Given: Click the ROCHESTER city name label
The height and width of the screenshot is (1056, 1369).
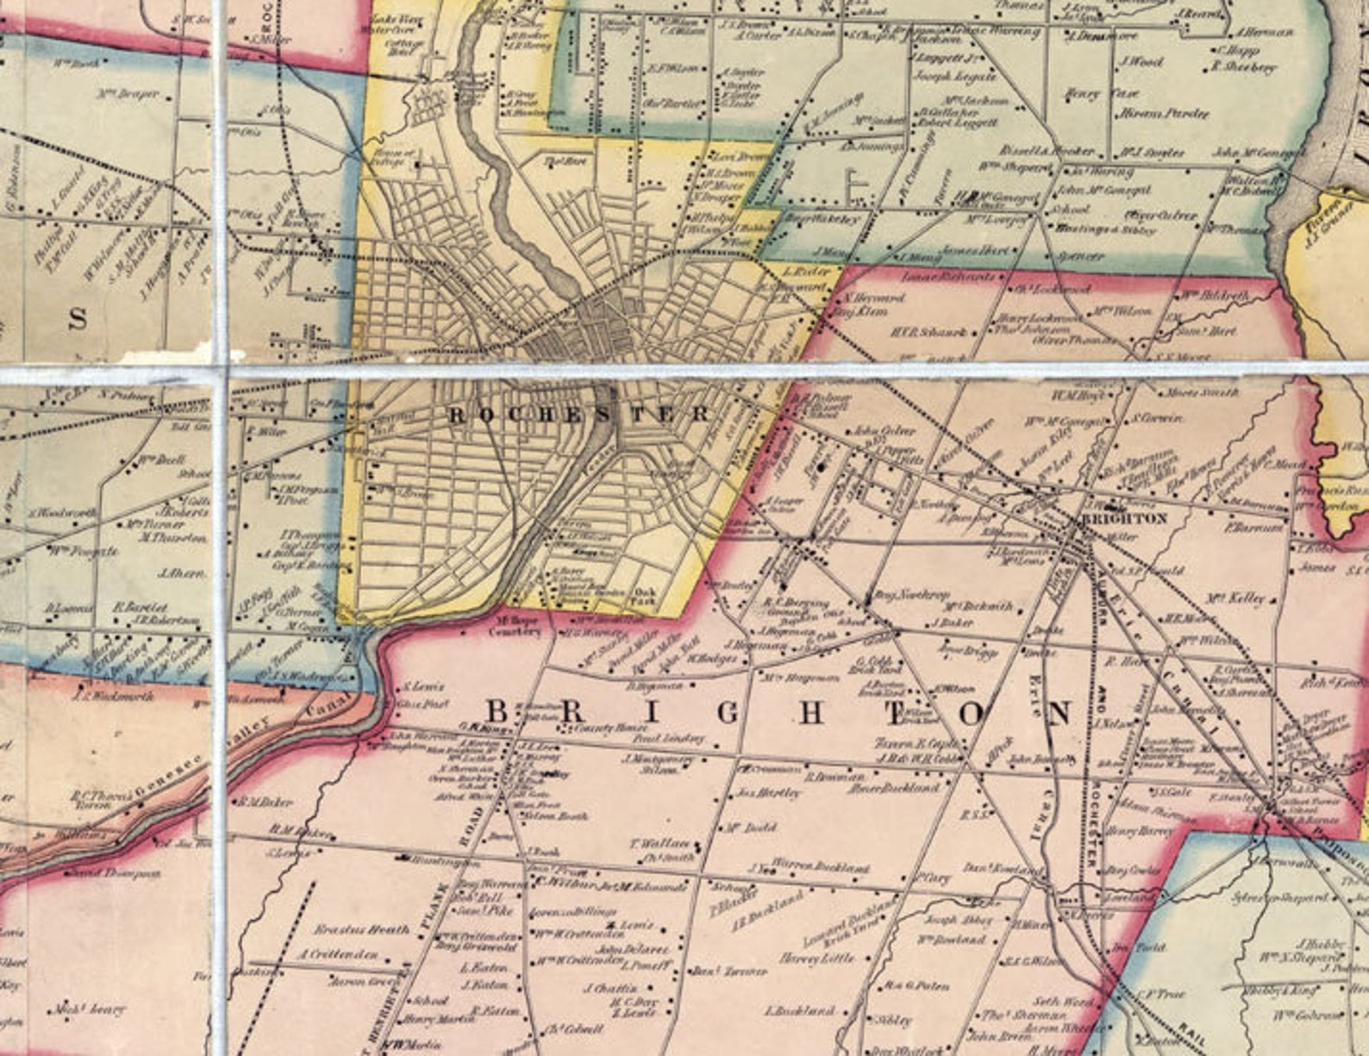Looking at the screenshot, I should (x=579, y=415).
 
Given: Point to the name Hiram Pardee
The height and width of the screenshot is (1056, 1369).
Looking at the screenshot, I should (x=1165, y=113).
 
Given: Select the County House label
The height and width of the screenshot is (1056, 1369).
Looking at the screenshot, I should (x=591, y=728).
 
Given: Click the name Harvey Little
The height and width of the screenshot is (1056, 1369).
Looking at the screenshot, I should (x=816, y=958).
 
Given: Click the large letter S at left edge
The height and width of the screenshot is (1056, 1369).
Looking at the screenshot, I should (x=78, y=319).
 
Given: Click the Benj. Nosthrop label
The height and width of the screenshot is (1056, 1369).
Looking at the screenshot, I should (x=899, y=595).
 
